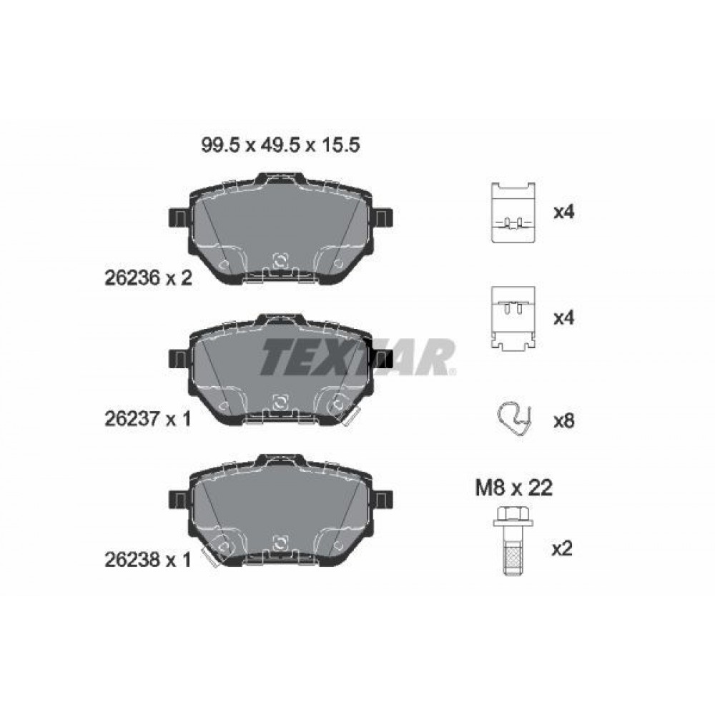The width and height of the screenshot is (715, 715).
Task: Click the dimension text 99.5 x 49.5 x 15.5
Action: click(280, 145)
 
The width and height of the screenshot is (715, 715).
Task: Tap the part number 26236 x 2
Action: click(149, 277)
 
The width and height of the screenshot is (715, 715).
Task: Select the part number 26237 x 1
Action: click(148, 418)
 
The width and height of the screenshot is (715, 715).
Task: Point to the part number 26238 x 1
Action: click(148, 560)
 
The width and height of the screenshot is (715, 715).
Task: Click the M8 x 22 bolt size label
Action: click(513, 488)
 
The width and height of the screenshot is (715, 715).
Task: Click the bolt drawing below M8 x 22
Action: click(513, 540)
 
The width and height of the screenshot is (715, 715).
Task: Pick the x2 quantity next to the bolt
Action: click(561, 548)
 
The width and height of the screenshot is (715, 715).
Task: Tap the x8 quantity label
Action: click(563, 421)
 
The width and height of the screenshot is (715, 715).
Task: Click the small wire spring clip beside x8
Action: click(514, 419)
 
